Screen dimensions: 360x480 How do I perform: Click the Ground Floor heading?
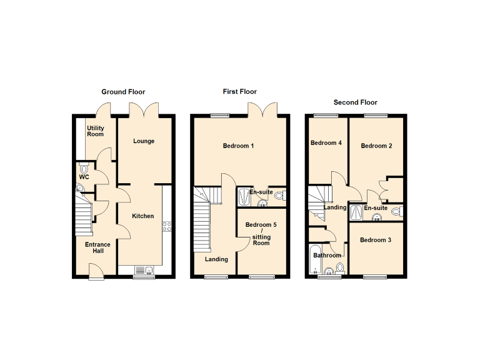(123, 92)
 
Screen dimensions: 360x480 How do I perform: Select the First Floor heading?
(240, 91)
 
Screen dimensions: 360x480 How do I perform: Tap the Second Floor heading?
(355, 102)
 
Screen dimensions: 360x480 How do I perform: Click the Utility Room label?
(96, 131)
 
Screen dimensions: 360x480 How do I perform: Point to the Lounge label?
(144, 141)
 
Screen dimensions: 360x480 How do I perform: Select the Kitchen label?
(142, 216)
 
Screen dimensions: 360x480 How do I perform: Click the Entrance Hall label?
(97, 247)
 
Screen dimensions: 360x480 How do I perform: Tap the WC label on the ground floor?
(84, 177)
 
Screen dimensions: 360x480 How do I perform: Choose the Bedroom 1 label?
(239, 146)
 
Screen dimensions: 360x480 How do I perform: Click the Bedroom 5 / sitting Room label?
(261, 234)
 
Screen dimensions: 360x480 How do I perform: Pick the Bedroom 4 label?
(326, 143)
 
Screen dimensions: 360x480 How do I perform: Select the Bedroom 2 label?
(377, 146)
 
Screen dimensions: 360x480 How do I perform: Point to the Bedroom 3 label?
(376, 240)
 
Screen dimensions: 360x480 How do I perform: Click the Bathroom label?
(327, 255)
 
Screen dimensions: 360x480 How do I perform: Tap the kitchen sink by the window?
(144, 270)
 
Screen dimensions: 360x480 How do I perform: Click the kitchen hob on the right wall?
(167, 227)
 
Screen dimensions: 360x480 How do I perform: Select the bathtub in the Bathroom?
(314, 261)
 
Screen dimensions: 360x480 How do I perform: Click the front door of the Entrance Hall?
(96, 272)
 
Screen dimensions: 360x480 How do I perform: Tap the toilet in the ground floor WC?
(84, 169)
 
